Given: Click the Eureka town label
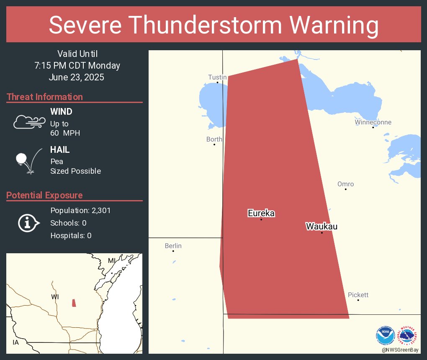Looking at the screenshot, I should click(x=261, y=213).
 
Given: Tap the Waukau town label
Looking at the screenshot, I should click(x=322, y=226).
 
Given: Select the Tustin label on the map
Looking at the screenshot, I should click(x=217, y=77).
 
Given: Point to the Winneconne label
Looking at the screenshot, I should click(x=373, y=122).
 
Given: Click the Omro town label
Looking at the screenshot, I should click(x=345, y=184).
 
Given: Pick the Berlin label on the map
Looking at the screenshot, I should click(x=173, y=246).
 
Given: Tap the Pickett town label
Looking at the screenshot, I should click(x=358, y=295).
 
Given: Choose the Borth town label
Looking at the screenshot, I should click(x=214, y=139).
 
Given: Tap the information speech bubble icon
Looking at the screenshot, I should click(x=28, y=223).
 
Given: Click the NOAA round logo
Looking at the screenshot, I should click(x=385, y=336).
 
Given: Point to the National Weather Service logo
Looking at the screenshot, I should click(x=409, y=336).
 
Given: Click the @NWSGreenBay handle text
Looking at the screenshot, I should click(x=401, y=349).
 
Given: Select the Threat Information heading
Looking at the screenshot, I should click(x=45, y=97).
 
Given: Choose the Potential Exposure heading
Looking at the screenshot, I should click(x=45, y=195).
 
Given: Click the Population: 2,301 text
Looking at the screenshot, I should click(x=80, y=210).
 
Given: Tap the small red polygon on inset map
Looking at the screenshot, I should click(x=74, y=303).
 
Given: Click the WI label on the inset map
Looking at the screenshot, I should click(x=55, y=296).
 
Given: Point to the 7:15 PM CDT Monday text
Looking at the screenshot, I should click(x=77, y=65).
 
